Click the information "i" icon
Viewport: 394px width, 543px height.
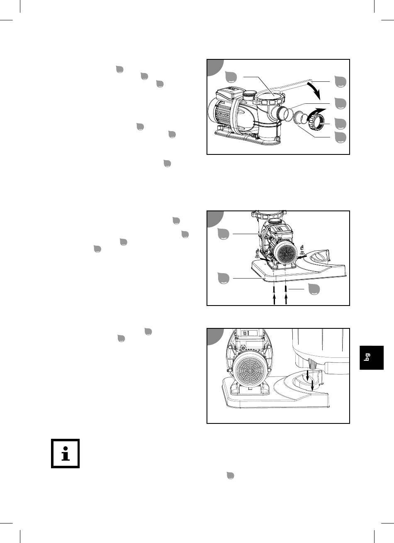pyautogui.click(x=65, y=453)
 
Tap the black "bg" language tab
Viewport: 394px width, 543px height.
pyautogui.click(x=372, y=357)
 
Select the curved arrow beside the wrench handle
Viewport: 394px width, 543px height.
pyautogui.click(x=314, y=90)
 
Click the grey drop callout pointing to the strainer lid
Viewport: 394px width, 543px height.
pyautogui.click(x=231, y=77)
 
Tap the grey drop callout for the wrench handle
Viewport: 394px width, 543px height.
pyautogui.click(x=340, y=81)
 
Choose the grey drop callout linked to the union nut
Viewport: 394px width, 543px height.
pyautogui.click(x=340, y=124)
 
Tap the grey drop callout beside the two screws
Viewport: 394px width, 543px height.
pyautogui.click(x=314, y=289)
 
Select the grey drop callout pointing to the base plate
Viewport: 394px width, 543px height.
pyautogui.click(x=223, y=278)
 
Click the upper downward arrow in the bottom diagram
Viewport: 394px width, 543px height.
pyautogui.click(x=308, y=375)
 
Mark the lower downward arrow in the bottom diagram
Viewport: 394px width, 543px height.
pyautogui.click(x=312, y=385)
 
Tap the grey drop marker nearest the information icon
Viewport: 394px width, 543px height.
pyautogui.click(x=230, y=476)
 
